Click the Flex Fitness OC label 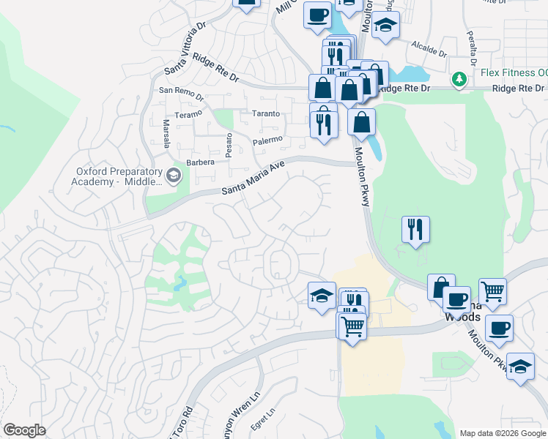[514, 73]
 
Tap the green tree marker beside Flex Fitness [459, 78]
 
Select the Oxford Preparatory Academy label [117, 176]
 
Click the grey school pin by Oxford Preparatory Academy [174, 176]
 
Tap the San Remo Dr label [181, 91]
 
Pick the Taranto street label [266, 113]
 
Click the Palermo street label [267, 139]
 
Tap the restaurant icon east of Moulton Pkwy [415, 230]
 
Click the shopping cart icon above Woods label [492, 290]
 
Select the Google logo [24, 430]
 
